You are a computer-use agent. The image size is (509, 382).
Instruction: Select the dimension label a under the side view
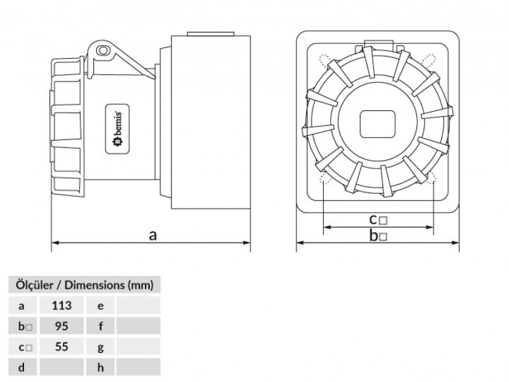click(153, 235)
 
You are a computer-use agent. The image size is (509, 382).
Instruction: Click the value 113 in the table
click(62, 305)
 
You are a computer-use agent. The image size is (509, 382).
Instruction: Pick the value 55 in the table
click(62, 347)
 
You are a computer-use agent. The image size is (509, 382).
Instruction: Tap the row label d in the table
click(22, 368)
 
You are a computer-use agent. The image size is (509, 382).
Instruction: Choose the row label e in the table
click(101, 305)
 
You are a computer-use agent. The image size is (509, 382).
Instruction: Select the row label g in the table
click(101, 347)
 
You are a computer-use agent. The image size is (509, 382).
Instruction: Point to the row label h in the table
click(101, 368)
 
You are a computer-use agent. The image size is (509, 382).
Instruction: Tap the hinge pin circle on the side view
click(103, 49)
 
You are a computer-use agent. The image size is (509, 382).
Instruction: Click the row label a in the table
click(22, 305)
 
